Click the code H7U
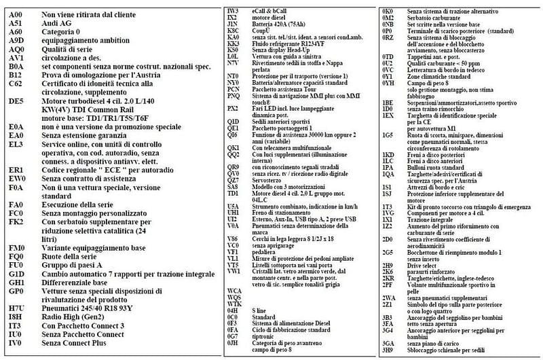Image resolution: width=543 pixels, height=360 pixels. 17,308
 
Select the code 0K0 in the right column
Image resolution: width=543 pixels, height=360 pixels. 388,11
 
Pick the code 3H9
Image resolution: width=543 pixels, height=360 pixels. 388,349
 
